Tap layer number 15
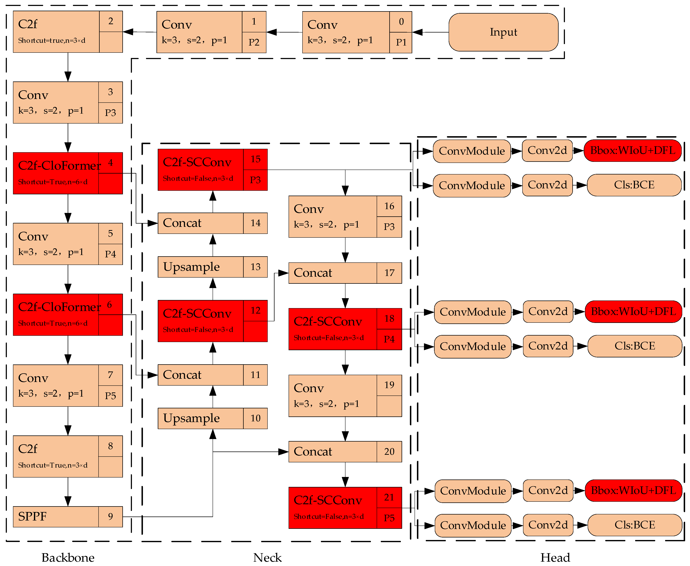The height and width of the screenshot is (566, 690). pyautogui.click(x=255, y=159)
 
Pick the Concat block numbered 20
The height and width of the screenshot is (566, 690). pyautogui.click(x=332, y=451)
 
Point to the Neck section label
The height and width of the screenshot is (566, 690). pyautogui.click(x=267, y=558)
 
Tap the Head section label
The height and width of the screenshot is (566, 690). pyautogui.click(x=555, y=558)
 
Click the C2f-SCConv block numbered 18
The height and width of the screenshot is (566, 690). pyautogui.click(x=332, y=329)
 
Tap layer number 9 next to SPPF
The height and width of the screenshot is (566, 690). pyautogui.click(x=110, y=517)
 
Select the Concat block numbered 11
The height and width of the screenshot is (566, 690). pyautogui.click(x=200, y=375)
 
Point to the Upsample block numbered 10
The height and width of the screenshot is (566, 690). pyautogui.click(x=200, y=418)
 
